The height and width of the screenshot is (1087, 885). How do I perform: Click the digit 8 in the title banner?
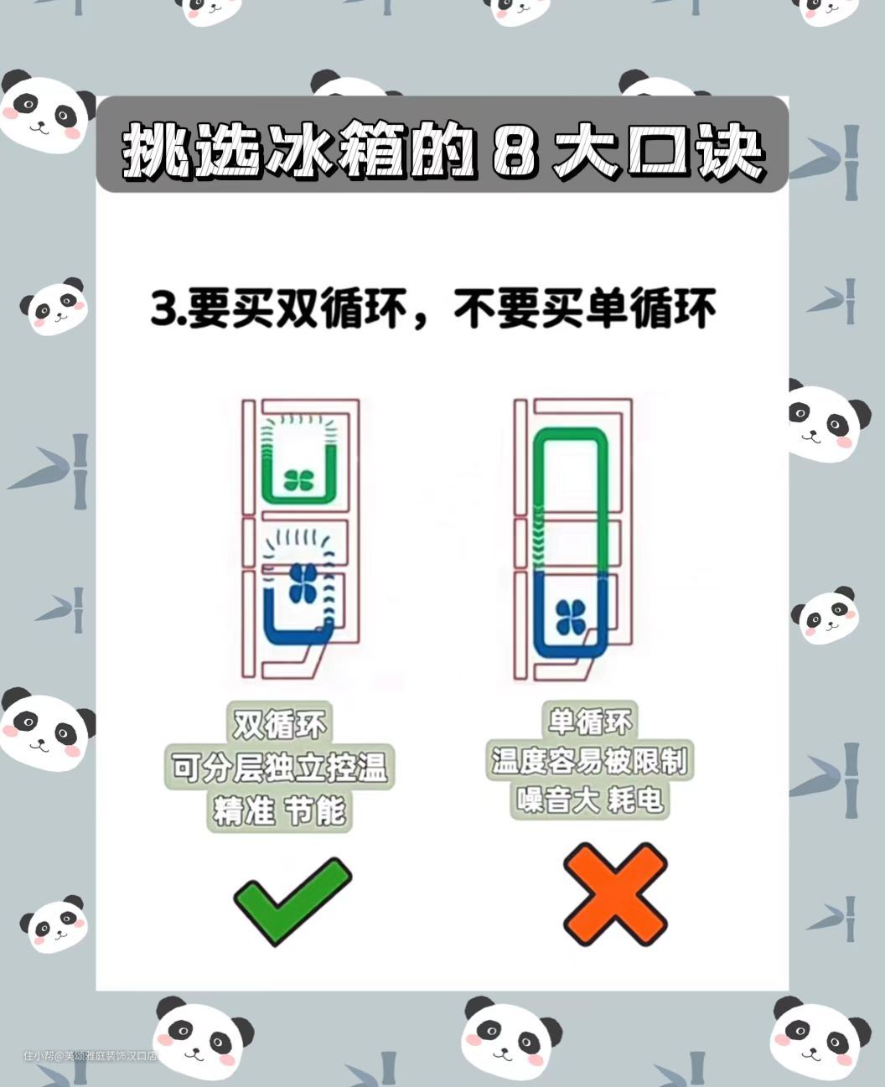coord(515,153)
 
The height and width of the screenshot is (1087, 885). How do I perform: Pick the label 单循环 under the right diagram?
coord(589,721)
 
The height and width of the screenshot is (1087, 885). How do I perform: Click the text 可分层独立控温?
coord(279,767)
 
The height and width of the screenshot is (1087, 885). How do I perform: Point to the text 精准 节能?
coord(279,810)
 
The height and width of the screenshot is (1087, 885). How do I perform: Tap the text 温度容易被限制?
coord(589,760)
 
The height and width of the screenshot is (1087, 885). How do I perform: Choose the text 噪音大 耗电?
coord(589,800)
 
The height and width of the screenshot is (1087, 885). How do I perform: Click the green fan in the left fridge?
coord(298,480)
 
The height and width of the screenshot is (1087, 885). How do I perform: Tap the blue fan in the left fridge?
coord(303,582)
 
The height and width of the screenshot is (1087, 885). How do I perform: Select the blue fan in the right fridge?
coord(571,617)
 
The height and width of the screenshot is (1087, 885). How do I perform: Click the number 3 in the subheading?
coord(164,308)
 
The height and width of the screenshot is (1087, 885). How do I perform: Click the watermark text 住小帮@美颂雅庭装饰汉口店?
coord(90,1055)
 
